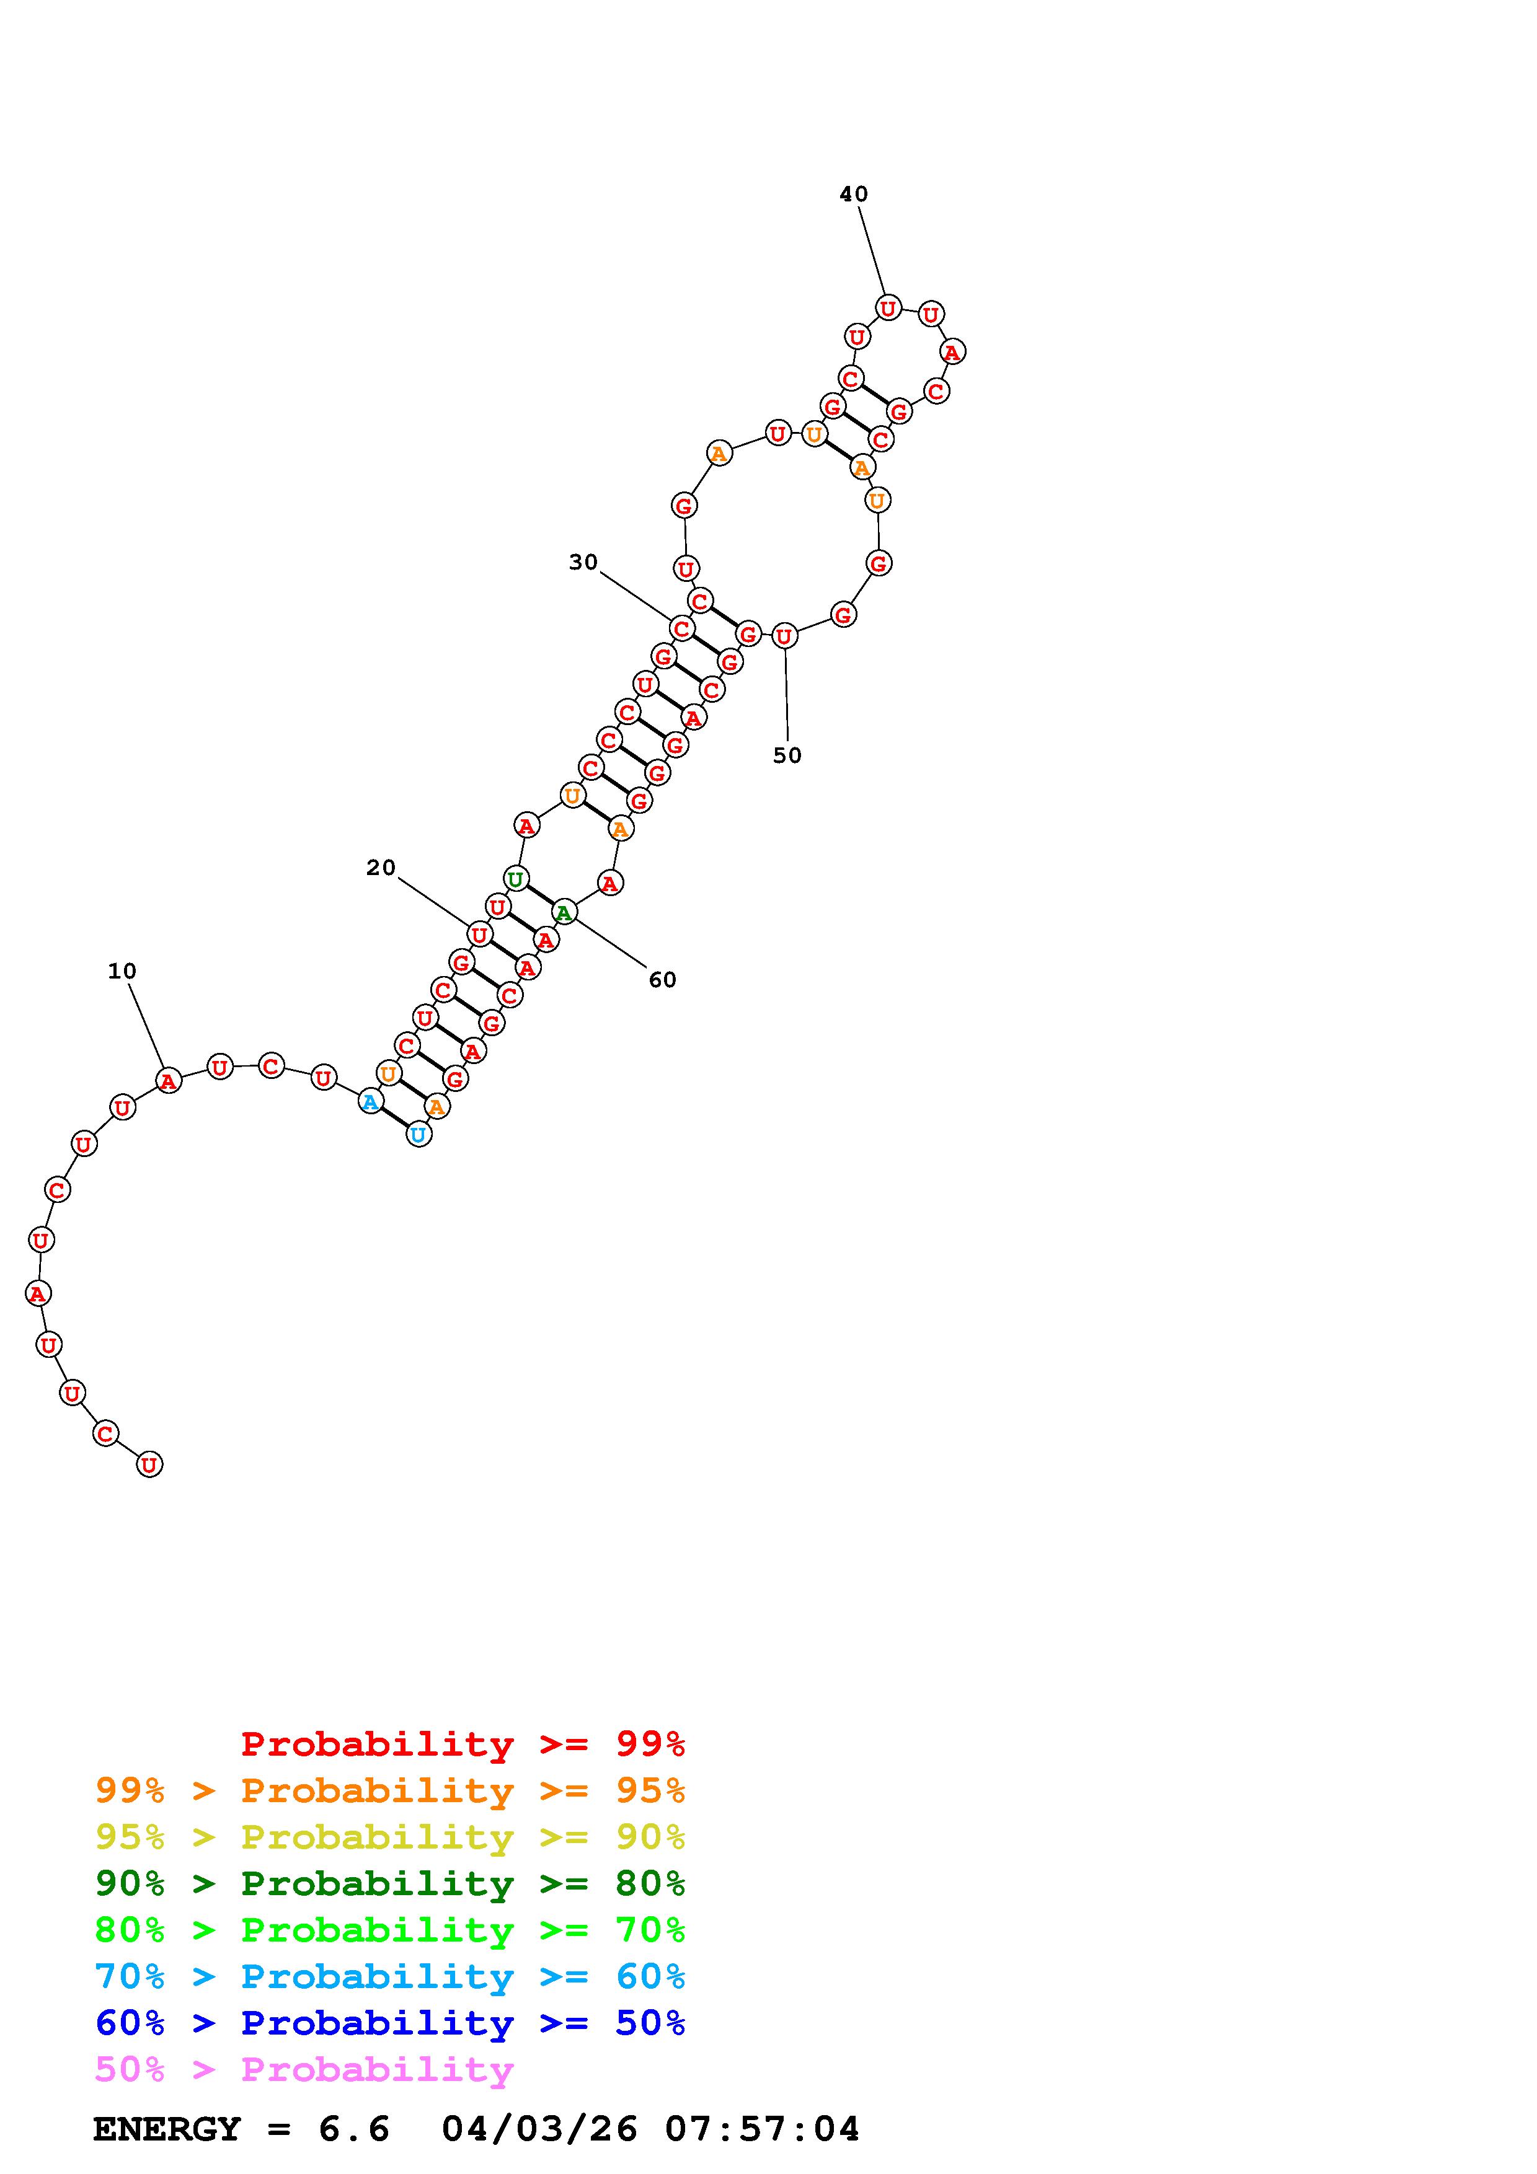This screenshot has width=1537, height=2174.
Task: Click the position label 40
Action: pos(853,194)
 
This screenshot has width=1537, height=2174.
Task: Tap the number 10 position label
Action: pos(122,970)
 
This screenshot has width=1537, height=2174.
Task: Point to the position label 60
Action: pos(663,980)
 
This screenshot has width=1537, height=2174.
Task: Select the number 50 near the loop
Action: pos(787,755)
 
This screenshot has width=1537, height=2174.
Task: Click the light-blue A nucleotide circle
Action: pos(370,1102)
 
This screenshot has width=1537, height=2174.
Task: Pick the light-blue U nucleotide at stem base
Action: pos(419,1133)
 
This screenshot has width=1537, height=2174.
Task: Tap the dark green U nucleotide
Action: pos(515,879)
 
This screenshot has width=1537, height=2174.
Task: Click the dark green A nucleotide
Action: pos(564,913)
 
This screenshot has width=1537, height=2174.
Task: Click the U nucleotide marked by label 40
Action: pos(887,308)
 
